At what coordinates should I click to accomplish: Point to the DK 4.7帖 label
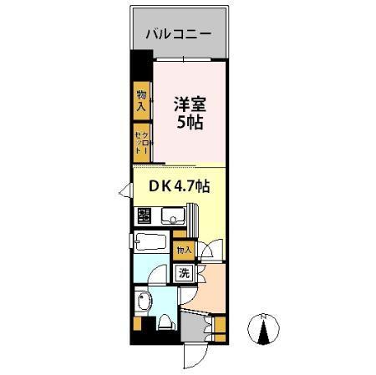179,187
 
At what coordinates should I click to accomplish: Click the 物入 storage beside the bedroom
141,102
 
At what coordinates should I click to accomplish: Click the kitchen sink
174,217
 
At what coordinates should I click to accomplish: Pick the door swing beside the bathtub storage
213,249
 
